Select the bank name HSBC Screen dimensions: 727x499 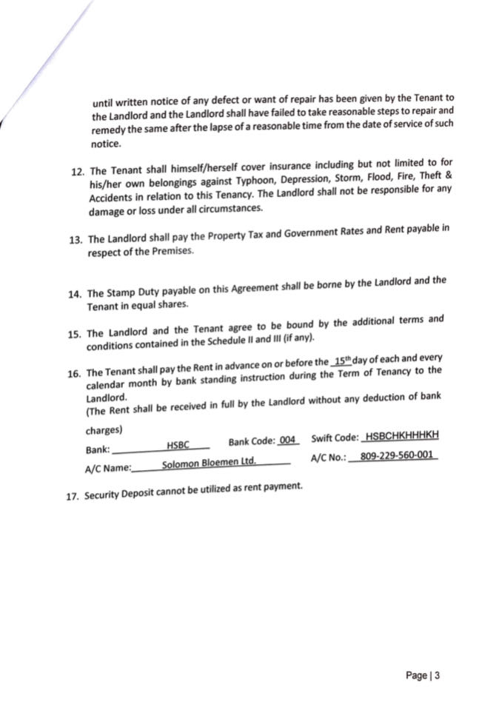pyautogui.click(x=178, y=445)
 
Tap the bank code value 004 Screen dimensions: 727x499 pyautogui.click(x=288, y=440)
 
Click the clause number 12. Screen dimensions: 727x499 pyautogui.click(x=77, y=171)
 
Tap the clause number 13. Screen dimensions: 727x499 pyautogui.click(x=75, y=240)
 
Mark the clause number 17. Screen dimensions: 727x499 pyautogui.click(x=73, y=497)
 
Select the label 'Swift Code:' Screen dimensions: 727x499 pyautogui.click(x=335, y=439)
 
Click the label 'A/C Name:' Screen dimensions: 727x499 pyautogui.click(x=108, y=468)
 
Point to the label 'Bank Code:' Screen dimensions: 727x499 pyautogui.click(x=250, y=442)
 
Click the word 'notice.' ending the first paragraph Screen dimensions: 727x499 pyautogui.click(x=104, y=145)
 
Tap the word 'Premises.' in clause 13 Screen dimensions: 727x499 pyautogui.click(x=151, y=251)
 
